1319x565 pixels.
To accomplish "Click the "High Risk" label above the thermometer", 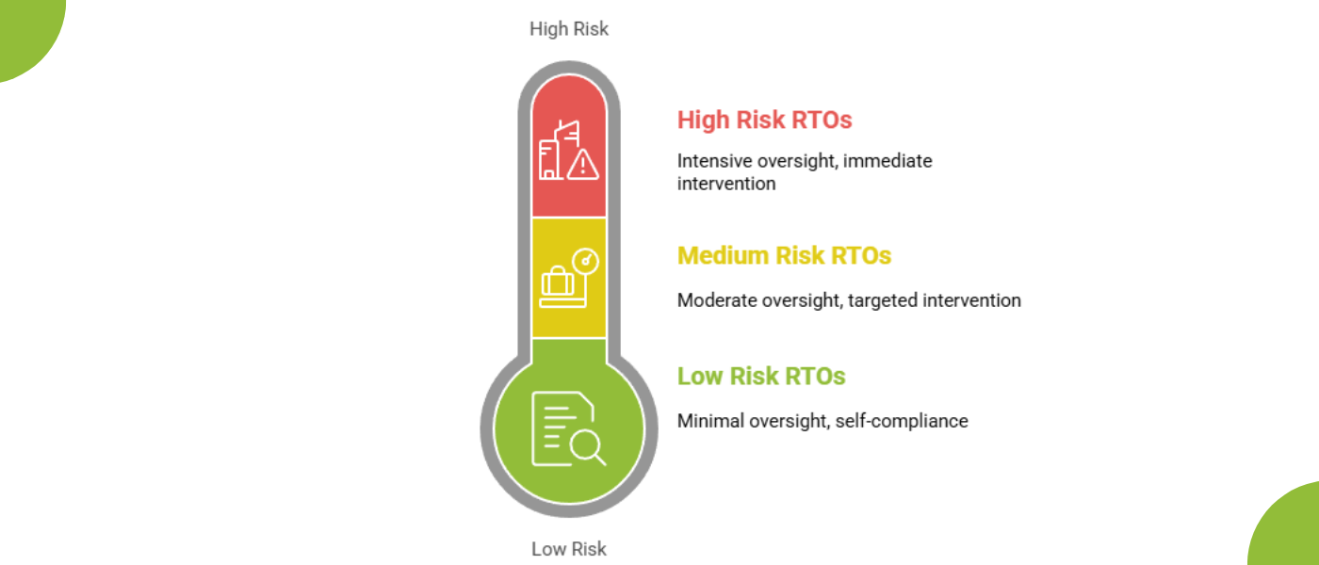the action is point(569,29).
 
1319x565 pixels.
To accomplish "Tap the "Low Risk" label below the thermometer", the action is point(569,548).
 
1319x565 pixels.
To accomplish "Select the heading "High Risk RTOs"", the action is point(764,120).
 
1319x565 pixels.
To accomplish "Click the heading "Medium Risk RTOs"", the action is point(784,255).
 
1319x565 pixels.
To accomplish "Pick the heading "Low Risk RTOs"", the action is point(761,376).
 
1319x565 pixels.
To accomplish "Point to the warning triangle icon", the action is point(583,164).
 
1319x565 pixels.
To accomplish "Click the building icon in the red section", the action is point(558,150).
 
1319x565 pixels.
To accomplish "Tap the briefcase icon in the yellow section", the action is point(558,281).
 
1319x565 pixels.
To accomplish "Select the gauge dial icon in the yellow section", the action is point(586,262).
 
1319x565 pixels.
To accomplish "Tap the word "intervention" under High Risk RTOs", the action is point(726,184).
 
